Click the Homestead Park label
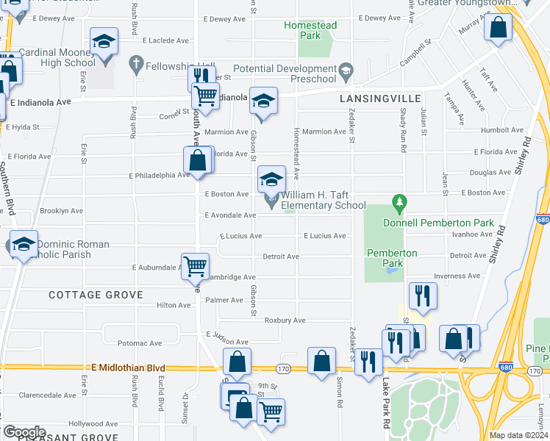(311, 30)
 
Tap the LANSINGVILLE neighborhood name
(380, 98)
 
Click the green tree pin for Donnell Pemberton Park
(399, 201)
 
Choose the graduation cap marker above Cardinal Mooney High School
(104, 42)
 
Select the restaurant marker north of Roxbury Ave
(423, 295)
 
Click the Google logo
(24, 432)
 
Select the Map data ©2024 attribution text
(518, 435)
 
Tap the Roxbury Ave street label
(285, 320)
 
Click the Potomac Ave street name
(135, 343)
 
